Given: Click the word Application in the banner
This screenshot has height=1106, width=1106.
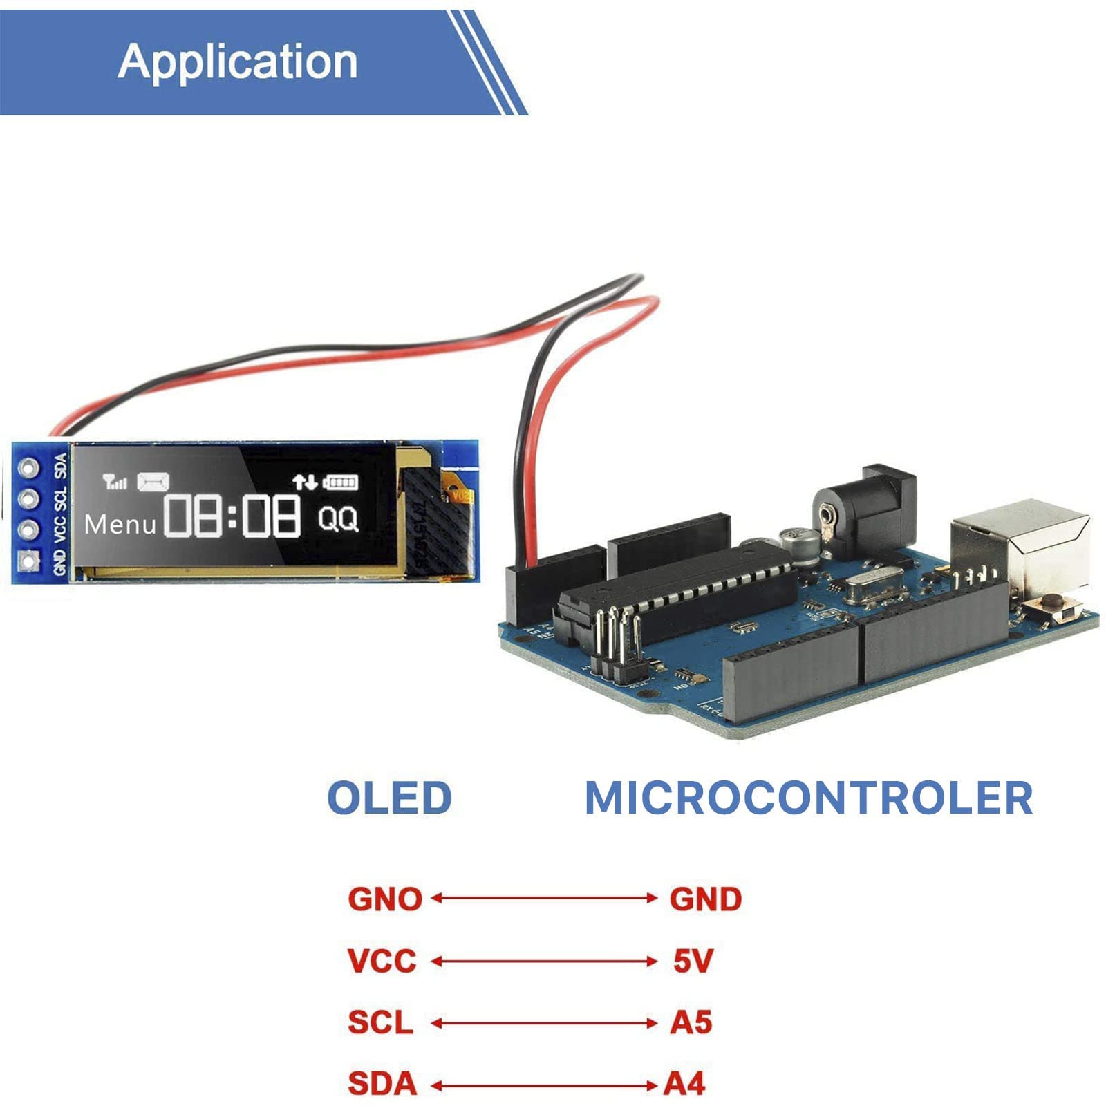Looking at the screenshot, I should coord(237,62).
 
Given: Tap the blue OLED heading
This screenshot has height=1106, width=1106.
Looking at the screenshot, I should coord(389,798).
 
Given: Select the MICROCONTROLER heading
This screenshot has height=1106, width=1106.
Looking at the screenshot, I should coord(808,798).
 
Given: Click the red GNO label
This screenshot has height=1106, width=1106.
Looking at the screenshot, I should coord(384,899).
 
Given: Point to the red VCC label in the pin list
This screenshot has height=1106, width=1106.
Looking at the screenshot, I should coord(382,961).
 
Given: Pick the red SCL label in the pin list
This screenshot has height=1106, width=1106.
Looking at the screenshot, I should coord(380,1022).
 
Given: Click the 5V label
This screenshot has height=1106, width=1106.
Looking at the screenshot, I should coord(693,961).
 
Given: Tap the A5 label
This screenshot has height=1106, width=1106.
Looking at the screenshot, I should coord(691,1022).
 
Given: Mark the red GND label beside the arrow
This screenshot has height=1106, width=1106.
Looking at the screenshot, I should coord(705,899).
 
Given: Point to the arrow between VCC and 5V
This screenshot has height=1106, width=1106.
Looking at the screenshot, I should coord(544,962).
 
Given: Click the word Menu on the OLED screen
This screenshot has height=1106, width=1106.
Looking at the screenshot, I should coord(120,525).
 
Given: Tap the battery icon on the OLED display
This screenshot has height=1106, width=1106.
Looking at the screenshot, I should coord(340,482).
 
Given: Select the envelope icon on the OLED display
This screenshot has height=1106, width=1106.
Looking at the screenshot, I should coord(153,481).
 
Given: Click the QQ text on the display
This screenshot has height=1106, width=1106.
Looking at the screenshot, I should coord(338,518).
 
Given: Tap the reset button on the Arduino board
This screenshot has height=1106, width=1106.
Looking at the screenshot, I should coord(1053,606).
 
